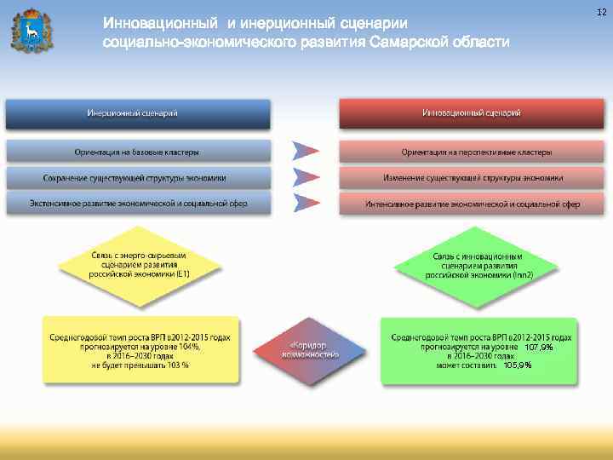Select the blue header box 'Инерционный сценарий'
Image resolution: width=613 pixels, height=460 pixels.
[138, 113]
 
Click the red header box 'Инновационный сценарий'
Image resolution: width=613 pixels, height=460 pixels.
[471, 113]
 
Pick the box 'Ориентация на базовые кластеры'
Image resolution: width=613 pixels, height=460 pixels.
[138, 152]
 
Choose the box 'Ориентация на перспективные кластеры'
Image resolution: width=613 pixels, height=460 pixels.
[475, 152]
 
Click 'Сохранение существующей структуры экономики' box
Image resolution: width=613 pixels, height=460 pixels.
[138, 178]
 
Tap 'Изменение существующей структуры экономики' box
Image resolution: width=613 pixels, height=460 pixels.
[475, 178]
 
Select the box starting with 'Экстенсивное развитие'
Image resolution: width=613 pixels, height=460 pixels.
[138, 204]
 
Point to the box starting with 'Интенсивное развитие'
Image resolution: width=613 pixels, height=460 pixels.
[475, 204]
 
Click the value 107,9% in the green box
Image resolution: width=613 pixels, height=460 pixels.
[538, 348]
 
